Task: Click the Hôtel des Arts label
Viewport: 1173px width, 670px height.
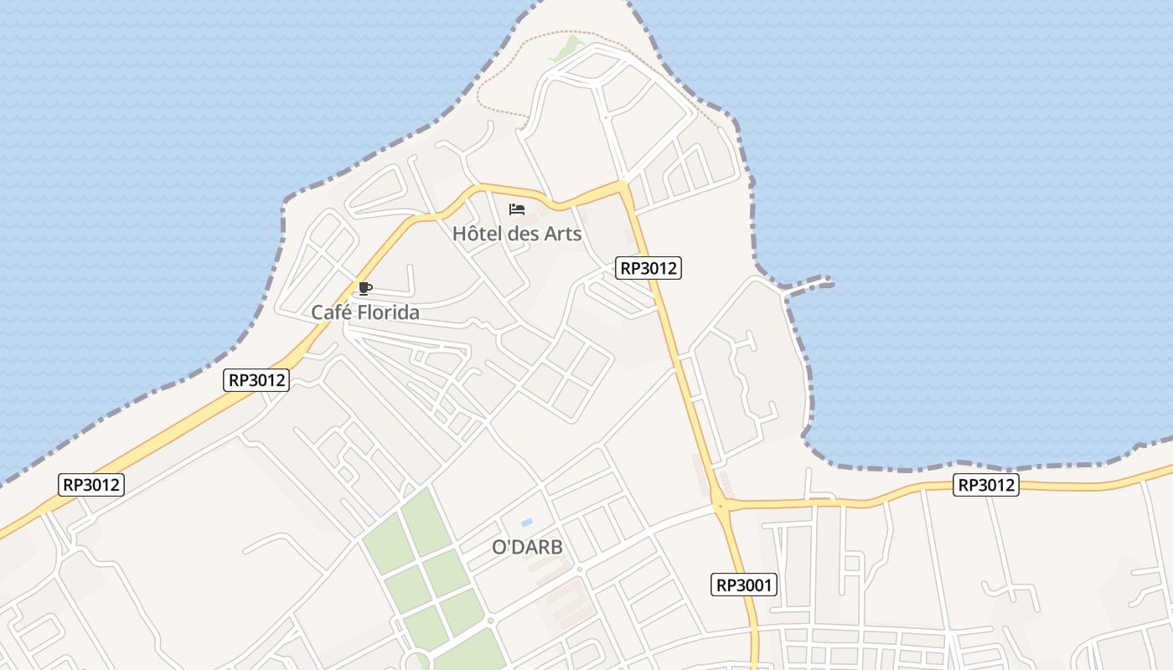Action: [516, 234]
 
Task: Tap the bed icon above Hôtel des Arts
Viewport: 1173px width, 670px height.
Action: [517, 209]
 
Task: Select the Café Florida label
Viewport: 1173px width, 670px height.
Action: [364, 312]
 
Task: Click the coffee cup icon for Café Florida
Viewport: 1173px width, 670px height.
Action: [364, 289]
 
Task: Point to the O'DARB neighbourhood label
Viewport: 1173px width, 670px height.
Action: [527, 548]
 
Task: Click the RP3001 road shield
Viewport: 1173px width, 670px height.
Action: [745, 585]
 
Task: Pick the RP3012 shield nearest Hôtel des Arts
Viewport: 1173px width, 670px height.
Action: [648, 268]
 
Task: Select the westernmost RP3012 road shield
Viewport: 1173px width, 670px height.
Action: [92, 484]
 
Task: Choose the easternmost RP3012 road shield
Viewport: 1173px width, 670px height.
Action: [986, 485]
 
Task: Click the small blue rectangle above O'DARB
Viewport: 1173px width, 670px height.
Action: [527, 523]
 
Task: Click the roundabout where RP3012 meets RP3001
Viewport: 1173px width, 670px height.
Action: [720, 504]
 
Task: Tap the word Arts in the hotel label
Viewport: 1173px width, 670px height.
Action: [562, 234]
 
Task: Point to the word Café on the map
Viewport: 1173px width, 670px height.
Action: [329, 312]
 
